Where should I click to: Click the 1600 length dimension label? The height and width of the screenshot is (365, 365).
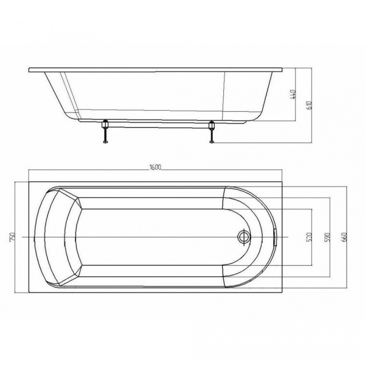pyautogui.click(x=156, y=167)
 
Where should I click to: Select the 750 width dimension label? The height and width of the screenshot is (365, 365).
pyautogui.click(x=13, y=237)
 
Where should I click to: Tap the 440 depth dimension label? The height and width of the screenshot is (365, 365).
pyautogui.click(x=293, y=95)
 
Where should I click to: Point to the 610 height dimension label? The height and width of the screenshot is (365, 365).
pyautogui.click(x=309, y=105)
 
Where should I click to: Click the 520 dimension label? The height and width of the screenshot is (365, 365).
pyautogui.click(x=309, y=237)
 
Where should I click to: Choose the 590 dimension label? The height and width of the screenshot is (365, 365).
pyautogui.click(x=327, y=237)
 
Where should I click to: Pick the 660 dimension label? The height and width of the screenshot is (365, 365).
pyautogui.click(x=344, y=237)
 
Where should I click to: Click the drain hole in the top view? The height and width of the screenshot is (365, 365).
pyautogui.click(x=243, y=237)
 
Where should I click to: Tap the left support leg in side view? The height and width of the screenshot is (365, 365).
pyautogui.click(x=105, y=131)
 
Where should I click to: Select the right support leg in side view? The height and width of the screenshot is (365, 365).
pyautogui.click(x=212, y=131)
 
